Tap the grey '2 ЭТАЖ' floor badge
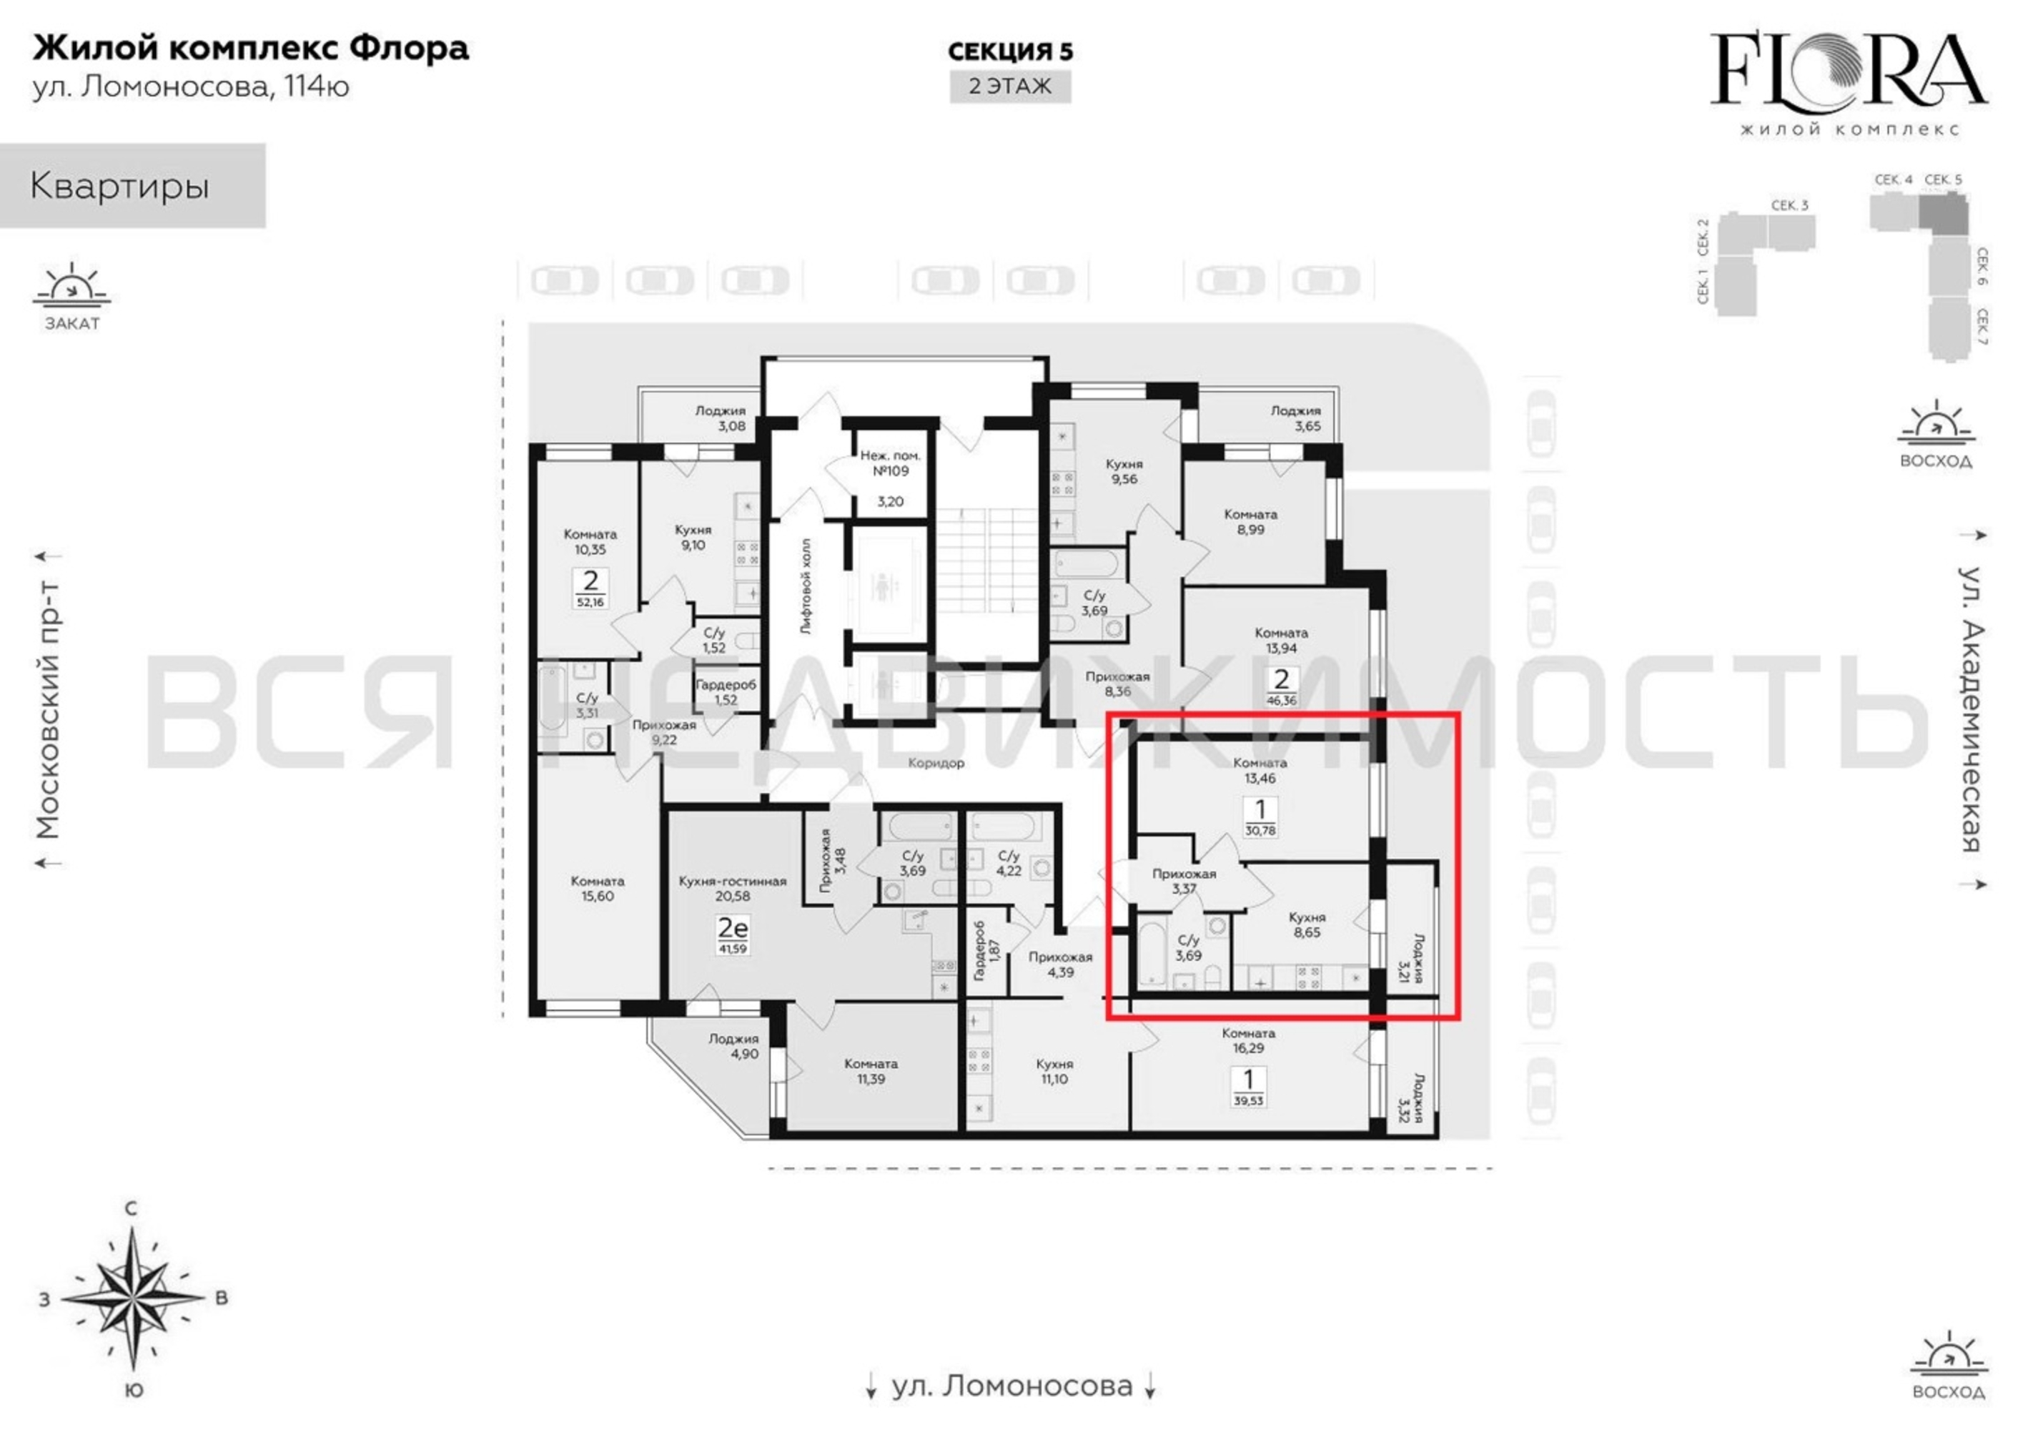[1010, 87]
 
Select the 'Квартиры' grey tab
[132, 186]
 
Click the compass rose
[132, 1298]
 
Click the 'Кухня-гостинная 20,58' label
[732, 889]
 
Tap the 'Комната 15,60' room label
[598, 889]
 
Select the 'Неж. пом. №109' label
[890, 463]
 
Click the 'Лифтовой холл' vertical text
[806, 586]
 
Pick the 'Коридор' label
[936, 763]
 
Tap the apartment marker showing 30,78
[1260, 817]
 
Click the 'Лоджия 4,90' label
[733, 1047]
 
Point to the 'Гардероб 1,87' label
[986, 952]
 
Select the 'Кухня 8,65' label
[1307, 925]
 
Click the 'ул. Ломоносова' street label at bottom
[1011, 1386]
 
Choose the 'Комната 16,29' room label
[1249, 1040]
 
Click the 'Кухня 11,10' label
[1054, 1071]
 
